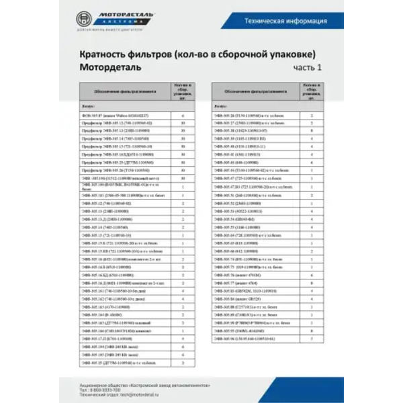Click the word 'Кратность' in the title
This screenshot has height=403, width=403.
[x=110, y=54]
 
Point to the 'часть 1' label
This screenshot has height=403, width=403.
[x=308, y=68]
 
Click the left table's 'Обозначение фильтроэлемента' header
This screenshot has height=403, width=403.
[x=124, y=91]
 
